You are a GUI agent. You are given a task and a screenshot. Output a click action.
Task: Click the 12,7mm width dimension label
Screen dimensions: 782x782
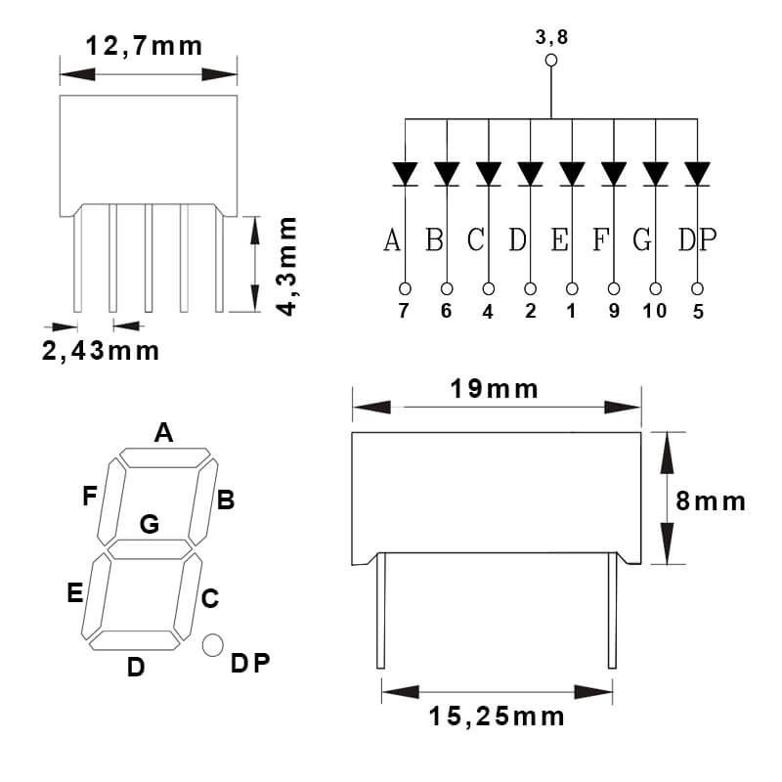pyautogui.click(x=144, y=45)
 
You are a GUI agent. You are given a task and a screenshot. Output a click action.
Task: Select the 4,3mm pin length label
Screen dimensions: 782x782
pyautogui.click(x=285, y=265)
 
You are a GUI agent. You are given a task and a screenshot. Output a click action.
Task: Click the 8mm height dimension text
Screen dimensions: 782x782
pyautogui.click(x=711, y=501)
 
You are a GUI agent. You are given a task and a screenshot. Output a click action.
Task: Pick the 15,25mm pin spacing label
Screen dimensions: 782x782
pyautogui.click(x=497, y=717)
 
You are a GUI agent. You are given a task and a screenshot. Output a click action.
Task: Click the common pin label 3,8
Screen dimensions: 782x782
pyautogui.click(x=551, y=38)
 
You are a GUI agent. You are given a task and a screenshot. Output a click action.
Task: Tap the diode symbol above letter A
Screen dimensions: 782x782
pyautogui.click(x=405, y=174)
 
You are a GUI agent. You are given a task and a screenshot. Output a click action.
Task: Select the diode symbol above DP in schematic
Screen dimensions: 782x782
pyautogui.click(x=697, y=174)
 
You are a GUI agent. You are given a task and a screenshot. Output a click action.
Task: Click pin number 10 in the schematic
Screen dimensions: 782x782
pyautogui.click(x=655, y=311)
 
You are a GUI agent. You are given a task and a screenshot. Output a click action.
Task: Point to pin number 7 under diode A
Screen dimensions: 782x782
pyautogui.click(x=405, y=311)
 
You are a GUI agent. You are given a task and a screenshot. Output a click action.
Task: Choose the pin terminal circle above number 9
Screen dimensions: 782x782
pyautogui.click(x=614, y=288)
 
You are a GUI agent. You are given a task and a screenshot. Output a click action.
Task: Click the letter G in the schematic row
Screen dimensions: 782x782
pyautogui.click(x=641, y=239)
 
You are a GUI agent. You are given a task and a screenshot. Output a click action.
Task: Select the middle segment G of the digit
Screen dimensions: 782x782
pyautogui.click(x=150, y=549)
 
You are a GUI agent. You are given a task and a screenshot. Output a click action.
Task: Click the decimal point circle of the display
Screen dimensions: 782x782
pyautogui.click(x=212, y=644)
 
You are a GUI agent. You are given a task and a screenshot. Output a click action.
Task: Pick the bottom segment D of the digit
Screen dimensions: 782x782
pyautogui.click(x=136, y=639)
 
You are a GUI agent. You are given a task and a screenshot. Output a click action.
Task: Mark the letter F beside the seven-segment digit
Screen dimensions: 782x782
pyautogui.click(x=90, y=497)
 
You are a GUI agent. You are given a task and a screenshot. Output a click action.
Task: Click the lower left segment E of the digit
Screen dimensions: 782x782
pyautogui.click(x=98, y=594)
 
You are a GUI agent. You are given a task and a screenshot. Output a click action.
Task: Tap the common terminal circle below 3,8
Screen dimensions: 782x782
pyautogui.click(x=551, y=61)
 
